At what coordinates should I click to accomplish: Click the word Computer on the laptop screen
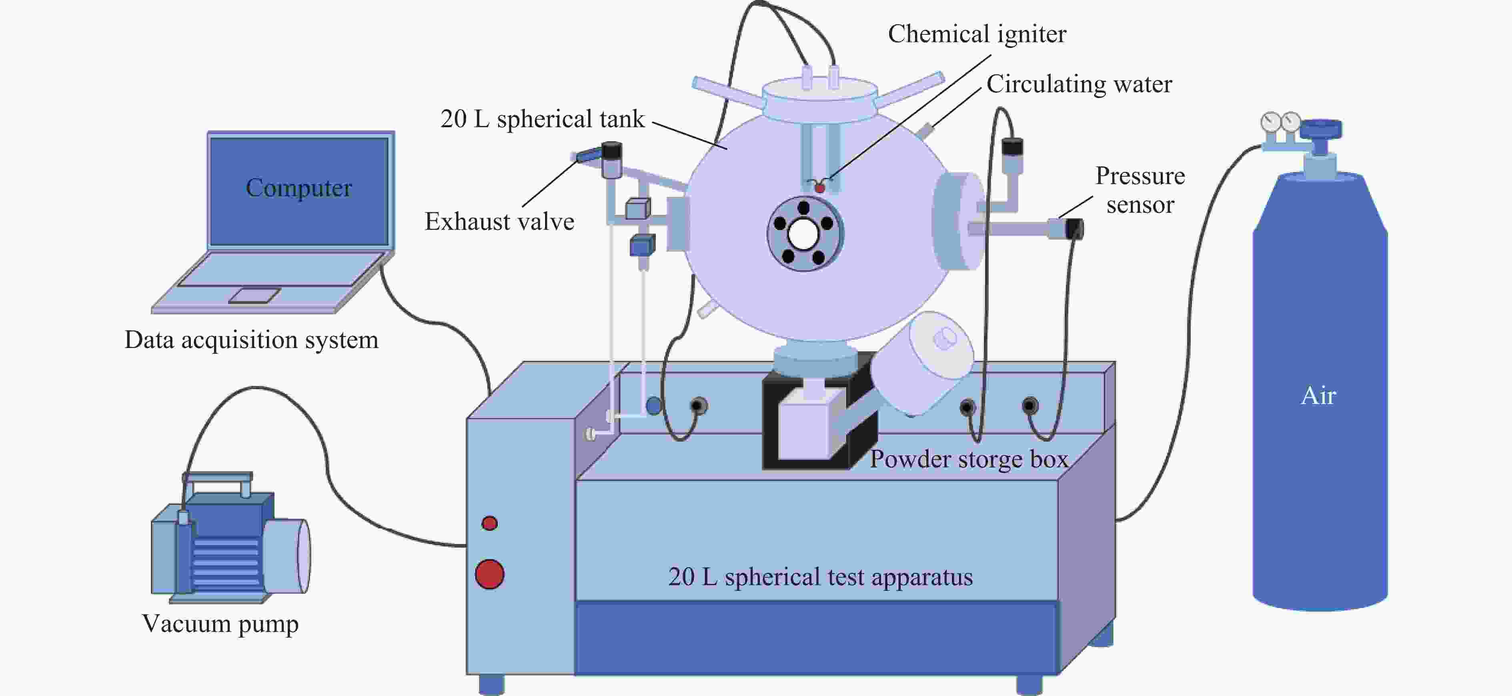click(299, 188)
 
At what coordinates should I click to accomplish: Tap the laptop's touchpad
click(254, 296)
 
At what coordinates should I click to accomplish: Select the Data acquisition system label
click(251, 340)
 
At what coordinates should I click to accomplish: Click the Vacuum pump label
click(220, 624)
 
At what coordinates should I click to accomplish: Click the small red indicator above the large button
click(489, 523)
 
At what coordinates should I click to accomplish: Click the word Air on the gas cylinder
click(1318, 396)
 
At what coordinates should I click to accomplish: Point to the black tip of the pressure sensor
click(1074, 228)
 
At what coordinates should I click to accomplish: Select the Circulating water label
click(1079, 84)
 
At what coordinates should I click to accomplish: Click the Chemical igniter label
click(977, 34)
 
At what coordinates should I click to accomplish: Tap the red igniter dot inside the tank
click(819, 188)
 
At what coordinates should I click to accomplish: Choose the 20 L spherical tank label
click(543, 119)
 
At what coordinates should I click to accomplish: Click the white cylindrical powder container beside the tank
click(921, 363)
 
